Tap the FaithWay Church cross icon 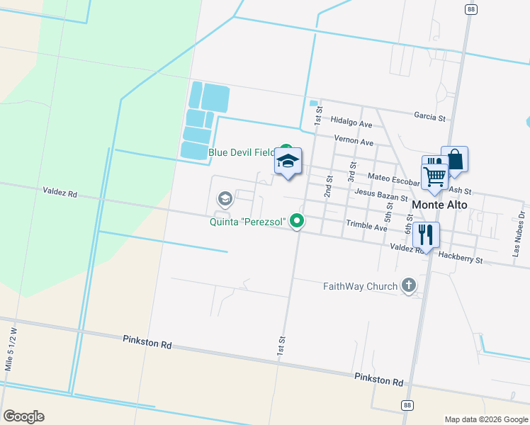click(x=408, y=285)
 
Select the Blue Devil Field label click(x=241, y=152)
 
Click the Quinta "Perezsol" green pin click(x=298, y=222)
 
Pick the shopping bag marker click(x=454, y=159)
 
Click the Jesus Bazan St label click(x=381, y=195)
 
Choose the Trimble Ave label click(x=366, y=227)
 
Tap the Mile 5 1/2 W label click(x=10, y=349)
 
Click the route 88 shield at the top click(x=470, y=9)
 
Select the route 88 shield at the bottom click(x=406, y=405)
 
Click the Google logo click(x=23, y=416)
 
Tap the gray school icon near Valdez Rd click(x=225, y=198)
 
